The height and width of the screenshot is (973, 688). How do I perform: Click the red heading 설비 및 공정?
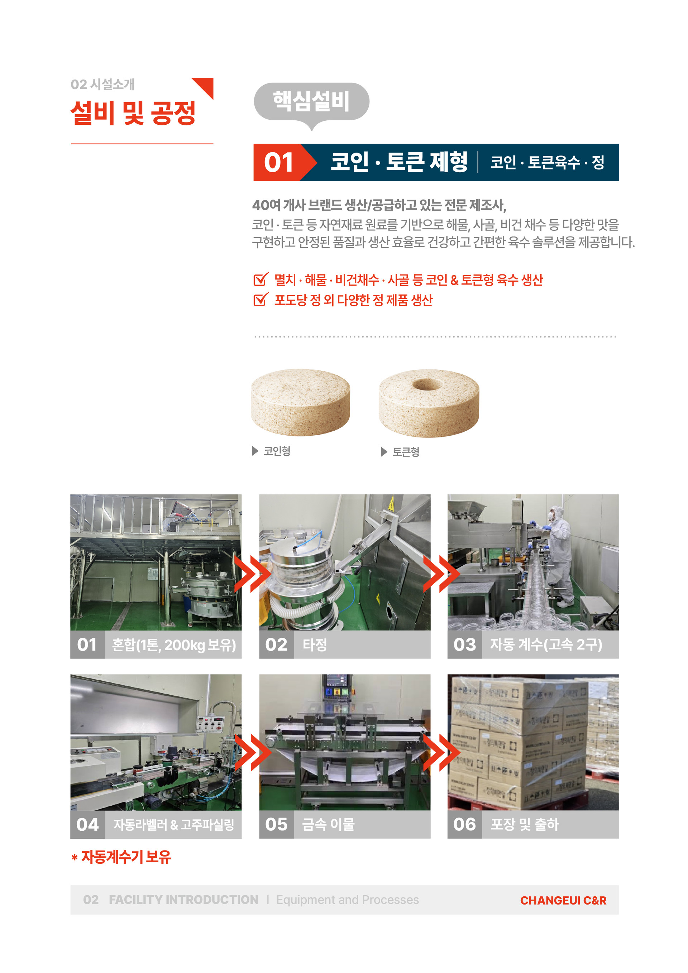pyautogui.click(x=133, y=113)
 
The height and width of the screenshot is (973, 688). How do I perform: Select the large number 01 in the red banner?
pyautogui.click(x=278, y=163)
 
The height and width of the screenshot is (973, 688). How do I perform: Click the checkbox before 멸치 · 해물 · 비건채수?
pyautogui.click(x=260, y=279)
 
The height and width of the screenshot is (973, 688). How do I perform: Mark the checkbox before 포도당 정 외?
pyautogui.click(x=260, y=299)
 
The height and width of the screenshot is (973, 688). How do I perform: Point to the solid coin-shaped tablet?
pyautogui.click(x=301, y=402)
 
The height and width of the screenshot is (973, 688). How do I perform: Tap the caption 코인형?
pyautogui.click(x=277, y=451)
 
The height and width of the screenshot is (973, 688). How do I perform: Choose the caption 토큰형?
pyautogui.click(x=406, y=452)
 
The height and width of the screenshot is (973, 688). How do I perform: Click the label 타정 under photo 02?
pyautogui.click(x=315, y=644)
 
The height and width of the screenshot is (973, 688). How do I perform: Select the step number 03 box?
pyautogui.click(x=465, y=644)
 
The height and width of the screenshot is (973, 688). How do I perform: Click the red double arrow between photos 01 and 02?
pyautogui.click(x=252, y=574)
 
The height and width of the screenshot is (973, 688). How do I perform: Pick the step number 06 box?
pyautogui.click(x=465, y=825)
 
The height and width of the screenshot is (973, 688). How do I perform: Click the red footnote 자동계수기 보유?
pyautogui.click(x=126, y=857)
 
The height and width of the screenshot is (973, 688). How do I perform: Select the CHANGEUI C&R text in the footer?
pyautogui.click(x=563, y=900)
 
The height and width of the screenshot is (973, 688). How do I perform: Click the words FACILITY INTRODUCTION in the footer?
pyautogui.click(x=183, y=900)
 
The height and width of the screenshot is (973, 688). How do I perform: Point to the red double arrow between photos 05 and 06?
pyautogui.click(x=441, y=753)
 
